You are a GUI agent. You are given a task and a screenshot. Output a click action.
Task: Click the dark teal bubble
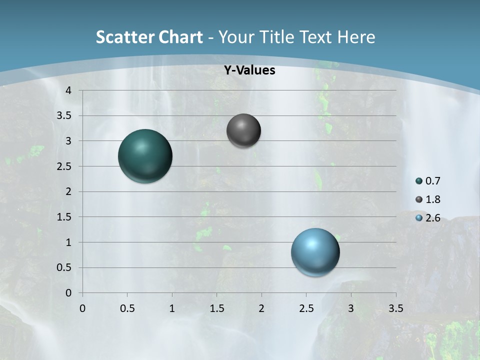pos(145,156)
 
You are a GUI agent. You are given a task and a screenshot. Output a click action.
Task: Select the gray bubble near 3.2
pos(243,130)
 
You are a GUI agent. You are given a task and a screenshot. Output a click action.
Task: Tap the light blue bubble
pos(315,252)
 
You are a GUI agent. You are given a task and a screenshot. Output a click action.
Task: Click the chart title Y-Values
pos(249,70)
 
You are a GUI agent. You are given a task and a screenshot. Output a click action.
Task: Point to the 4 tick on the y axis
pos(68,90)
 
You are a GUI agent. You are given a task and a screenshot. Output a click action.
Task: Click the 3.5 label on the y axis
pos(64,116)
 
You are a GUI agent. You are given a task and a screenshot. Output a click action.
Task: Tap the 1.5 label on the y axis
pos(64,217)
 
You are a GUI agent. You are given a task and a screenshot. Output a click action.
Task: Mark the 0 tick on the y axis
pos(68,293)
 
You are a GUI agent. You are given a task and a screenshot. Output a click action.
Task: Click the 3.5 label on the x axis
pos(395,308)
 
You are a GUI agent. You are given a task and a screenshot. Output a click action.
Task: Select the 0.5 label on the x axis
pos(127,308)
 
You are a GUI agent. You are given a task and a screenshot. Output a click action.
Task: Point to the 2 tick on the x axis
pos(261,308)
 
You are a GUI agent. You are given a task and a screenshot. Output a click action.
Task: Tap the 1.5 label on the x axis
pos(216,308)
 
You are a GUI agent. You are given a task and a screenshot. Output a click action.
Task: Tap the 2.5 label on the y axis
pos(64,166)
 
